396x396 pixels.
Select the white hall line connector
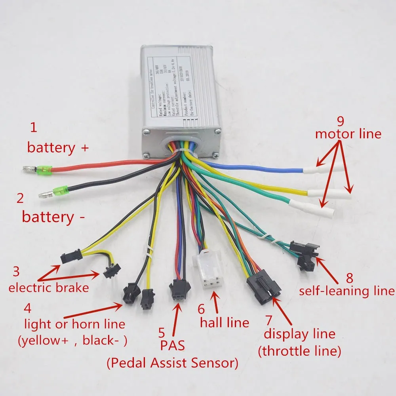pos(207,272)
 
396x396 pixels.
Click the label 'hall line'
pos(225,322)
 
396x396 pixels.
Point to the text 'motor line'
pos(348,134)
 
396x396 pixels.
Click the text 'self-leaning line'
pos(347,291)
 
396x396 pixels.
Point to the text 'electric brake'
pos(49,287)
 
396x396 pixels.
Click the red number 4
pos(27,308)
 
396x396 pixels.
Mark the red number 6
pos(201,307)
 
